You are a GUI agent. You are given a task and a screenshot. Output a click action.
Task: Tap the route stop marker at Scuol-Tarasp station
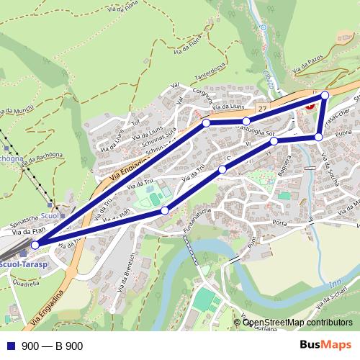coord(36,245)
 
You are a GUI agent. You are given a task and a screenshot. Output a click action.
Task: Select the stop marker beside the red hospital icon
coord(325,95)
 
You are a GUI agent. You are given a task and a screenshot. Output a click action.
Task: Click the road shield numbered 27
coord(264,109)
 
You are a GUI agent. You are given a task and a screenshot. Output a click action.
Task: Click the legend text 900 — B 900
coord(53,346)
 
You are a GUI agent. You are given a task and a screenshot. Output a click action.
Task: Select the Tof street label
coord(135,121)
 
